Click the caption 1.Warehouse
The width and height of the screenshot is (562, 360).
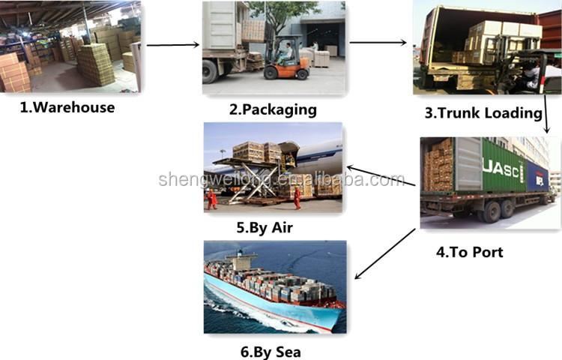click(67, 107)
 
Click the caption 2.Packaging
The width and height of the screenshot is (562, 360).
click(273, 109)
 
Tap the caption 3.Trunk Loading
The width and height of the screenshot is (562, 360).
click(483, 113)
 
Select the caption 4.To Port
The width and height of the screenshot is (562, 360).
click(470, 251)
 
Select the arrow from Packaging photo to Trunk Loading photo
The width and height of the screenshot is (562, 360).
click(378, 42)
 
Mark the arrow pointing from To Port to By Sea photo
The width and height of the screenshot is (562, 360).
click(384, 254)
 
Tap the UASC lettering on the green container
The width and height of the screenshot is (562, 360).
click(503, 171)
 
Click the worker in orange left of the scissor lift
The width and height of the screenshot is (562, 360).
click(213, 198)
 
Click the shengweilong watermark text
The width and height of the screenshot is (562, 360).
click(281, 180)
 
